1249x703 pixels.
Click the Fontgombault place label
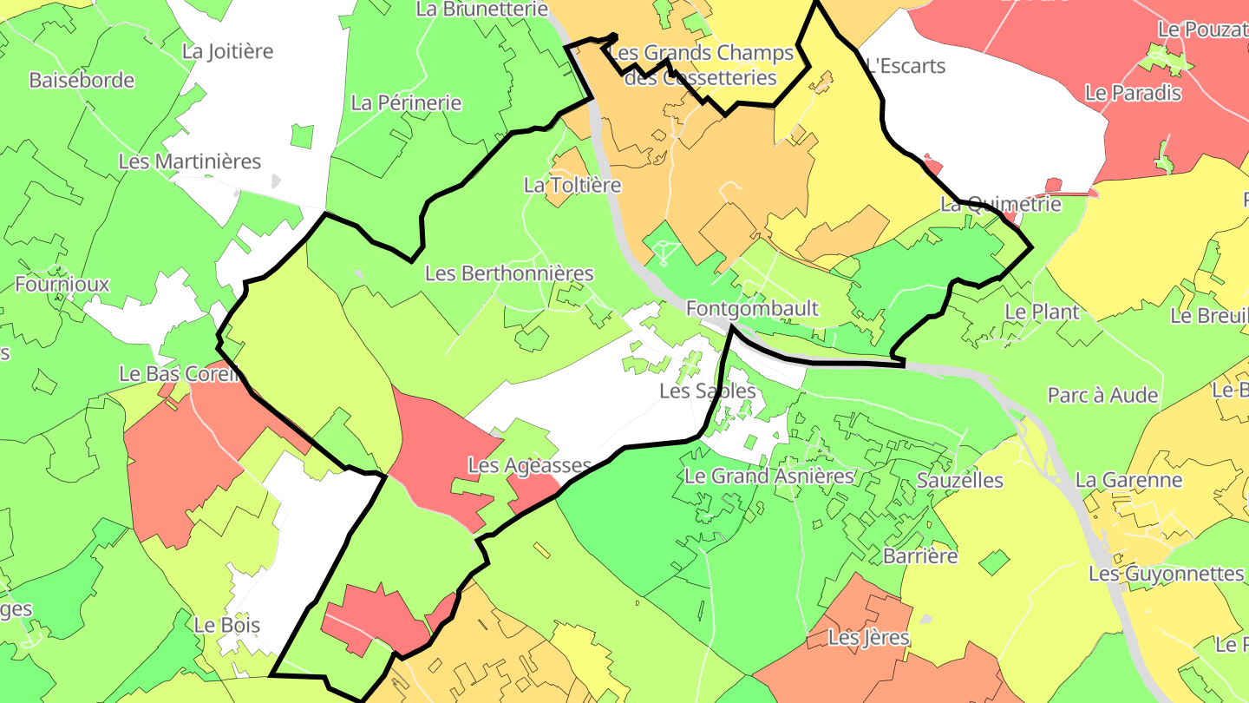pos(752,309)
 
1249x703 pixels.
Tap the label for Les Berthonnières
pos(509,273)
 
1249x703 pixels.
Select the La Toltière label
pos(572,185)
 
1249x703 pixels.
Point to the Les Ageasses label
pos(529,465)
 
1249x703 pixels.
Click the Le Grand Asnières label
pos(769,476)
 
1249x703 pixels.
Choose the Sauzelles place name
pos(959,480)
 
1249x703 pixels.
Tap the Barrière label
pos(919,555)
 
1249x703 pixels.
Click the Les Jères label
pos(868,638)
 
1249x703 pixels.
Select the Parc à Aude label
pos(1102,395)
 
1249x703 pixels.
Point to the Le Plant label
pos(1042,312)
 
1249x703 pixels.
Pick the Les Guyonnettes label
pos(1166,574)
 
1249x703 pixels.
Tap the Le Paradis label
pos(1133,93)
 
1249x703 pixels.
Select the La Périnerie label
pos(406,102)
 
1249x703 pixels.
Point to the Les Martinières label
pos(189,161)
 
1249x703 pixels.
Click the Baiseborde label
pos(82,81)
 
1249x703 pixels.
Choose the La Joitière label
pos(227,51)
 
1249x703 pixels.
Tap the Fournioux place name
pos(62,284)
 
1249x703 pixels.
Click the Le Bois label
pos(226,625)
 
